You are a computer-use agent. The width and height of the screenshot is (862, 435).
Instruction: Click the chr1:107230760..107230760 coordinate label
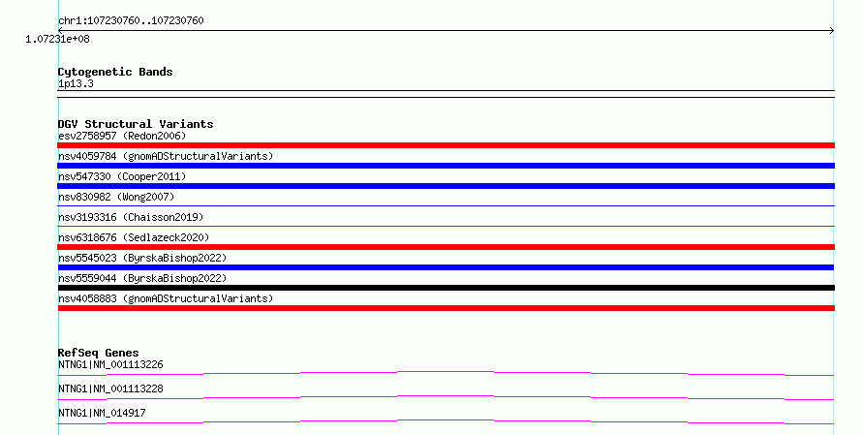pyautogui.click(x=131, y=21)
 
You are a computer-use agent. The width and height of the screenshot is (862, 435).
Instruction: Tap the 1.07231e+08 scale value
pyautogui.click(x=57, y=39)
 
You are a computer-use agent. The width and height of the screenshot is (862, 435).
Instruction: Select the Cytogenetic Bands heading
pyautogui.click(x=115, y=72)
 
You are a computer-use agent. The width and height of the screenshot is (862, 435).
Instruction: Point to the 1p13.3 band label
pyautogui.click(x=76, y=84)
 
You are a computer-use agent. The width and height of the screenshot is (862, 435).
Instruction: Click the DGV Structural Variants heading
pyautogui.click(x=136, y=124)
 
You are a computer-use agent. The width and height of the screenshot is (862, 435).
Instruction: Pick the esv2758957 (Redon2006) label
pyautogui.click(x=122, y=136)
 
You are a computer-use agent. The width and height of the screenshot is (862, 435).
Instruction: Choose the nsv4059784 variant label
pyautogui.click(x=166, y=156)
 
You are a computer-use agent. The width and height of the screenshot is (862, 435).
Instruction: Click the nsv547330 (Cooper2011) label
pyautogui.click(x=122, y=176)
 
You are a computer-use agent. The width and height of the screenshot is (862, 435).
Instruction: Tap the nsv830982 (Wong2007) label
pyautogui.click(x=116, y=197)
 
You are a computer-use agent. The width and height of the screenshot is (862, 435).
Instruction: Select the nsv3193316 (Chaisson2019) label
pyautogui.click(x=131, y=217)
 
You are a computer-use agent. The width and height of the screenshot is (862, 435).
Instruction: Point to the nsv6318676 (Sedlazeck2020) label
pyautogui.click(x=134, y=237)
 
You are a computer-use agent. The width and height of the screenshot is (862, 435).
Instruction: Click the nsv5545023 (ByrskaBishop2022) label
pyautogui.click(x=142, y=258)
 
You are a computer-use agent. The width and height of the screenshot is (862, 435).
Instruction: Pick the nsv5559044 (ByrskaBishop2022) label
pyautogui.click(x=142, y=278)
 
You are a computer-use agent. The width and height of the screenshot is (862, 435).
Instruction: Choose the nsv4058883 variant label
pyautogui.click(x=166, y=298)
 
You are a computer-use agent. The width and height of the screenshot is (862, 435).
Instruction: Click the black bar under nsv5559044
pyautogui.click(x=446, y=288)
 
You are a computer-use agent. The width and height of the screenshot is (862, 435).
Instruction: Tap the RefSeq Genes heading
pyautogui.click(x=99, y=353)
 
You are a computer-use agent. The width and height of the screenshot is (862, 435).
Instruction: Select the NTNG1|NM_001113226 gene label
pyautogui.click(x=110, y=364)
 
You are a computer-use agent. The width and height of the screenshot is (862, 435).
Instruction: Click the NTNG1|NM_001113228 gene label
pyautogui.click(x=110, y=388)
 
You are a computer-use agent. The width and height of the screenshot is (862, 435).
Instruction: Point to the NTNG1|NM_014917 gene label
pyautogui.click(x=102, y=413)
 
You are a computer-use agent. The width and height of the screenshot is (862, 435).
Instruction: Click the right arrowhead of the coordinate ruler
pyautogui.click(x=832, y=31)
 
